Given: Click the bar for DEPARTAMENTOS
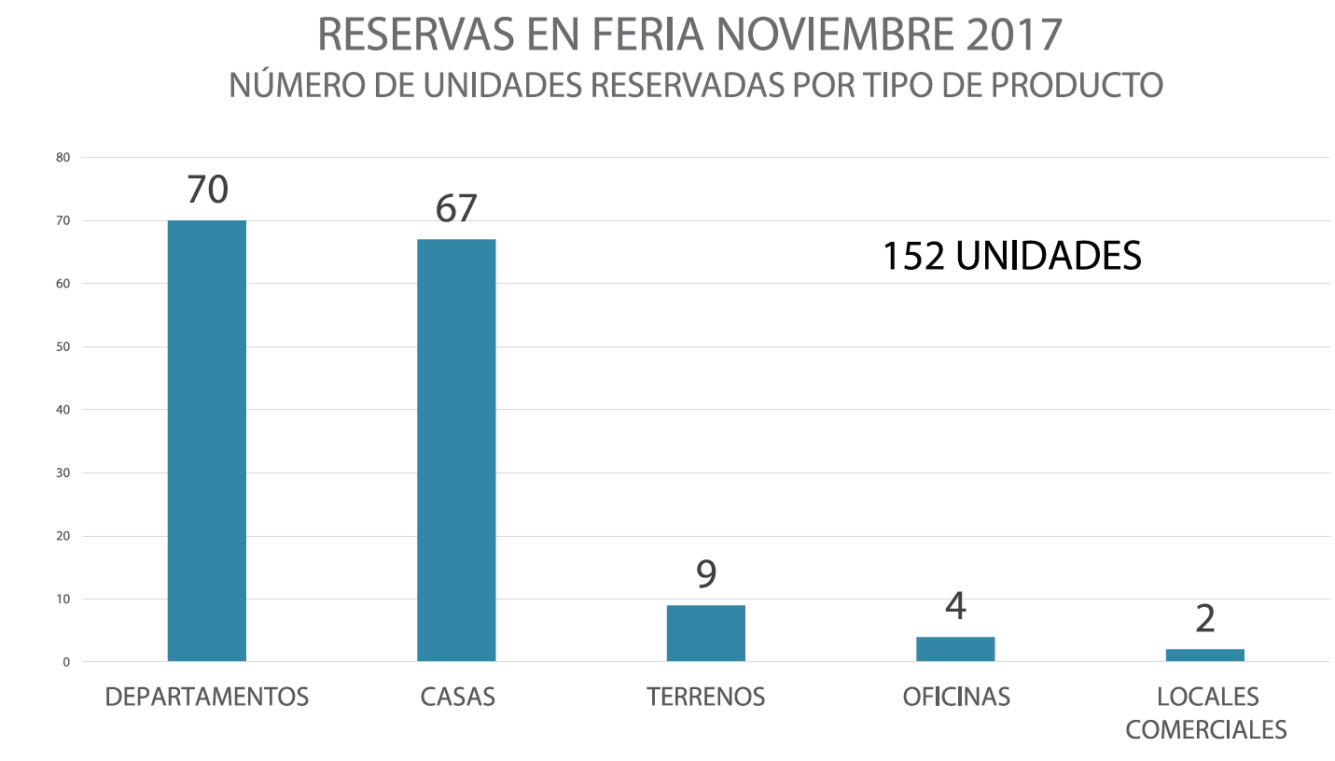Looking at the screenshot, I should pos(207,441).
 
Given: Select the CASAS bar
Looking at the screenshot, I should pos(456,450).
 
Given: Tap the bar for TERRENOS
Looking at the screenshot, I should pos(706,633).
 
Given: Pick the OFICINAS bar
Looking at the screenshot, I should pos(955,649).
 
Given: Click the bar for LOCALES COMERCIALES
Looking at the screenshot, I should pos(1204,655).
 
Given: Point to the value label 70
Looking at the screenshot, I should pos(207,190).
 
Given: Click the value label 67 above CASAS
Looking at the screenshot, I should pos(456,208).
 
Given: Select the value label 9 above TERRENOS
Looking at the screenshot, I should pos(706,574).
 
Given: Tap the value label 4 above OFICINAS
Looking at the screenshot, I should pos(955,606).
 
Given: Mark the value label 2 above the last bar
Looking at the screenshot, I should pos(1204,618).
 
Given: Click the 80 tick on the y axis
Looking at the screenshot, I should pos(63,158).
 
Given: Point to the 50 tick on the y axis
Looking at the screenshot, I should pos(63,347).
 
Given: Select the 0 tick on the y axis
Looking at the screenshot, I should pos(66,662).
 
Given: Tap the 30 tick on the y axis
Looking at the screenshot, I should pos(63,473).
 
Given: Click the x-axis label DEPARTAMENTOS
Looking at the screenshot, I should pos(207,698).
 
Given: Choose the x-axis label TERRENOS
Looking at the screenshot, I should pos(706,698).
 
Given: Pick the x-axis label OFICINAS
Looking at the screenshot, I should pos(955,698).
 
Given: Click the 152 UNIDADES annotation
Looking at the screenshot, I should pos(1012,256).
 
